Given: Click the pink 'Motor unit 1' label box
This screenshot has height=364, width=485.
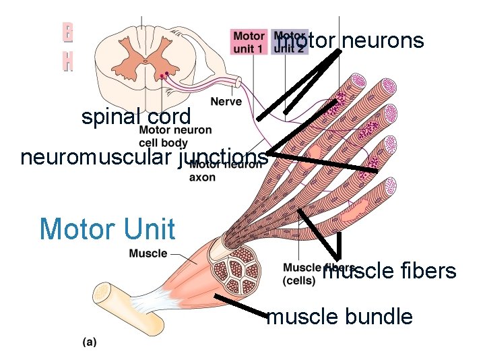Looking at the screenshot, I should point(249,41).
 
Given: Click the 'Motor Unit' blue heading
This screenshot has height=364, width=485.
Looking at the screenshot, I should point(107,229).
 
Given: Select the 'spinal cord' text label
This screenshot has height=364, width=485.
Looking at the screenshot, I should point(136,116).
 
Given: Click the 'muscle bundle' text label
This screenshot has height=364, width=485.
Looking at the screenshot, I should point(339,316).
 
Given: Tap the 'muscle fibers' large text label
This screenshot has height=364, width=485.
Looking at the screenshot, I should point(389,271).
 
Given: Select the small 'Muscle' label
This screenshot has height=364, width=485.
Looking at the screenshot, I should point(148,253).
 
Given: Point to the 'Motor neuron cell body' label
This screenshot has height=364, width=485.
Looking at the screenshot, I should point(163,136).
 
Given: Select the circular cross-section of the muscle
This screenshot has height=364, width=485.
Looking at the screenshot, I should point(236,268).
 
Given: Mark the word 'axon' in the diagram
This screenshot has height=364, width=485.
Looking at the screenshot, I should point(202,178).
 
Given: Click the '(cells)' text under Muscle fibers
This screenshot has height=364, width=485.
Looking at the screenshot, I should point(299,280).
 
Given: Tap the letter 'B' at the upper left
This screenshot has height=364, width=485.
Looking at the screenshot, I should point(67,32).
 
